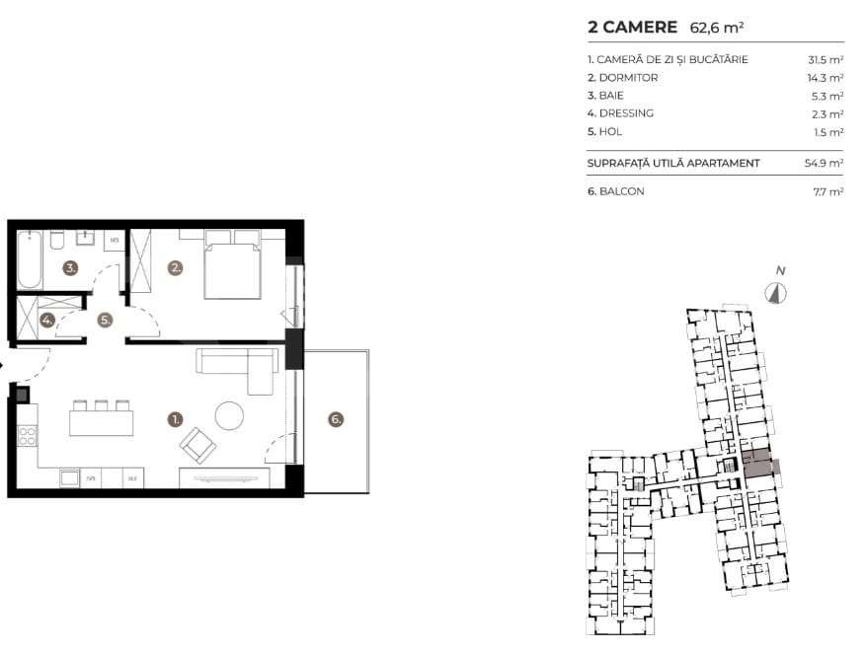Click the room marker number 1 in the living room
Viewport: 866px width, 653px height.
pyautogui.click(x=176, y=419)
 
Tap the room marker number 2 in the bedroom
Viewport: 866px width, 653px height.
pyautogui.click(x=176, y=267)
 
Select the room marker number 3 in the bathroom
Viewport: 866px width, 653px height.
pyautogui.click(x=70, y=267)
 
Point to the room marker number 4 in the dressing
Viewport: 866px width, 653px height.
pyautogui.click(x=47, y=320)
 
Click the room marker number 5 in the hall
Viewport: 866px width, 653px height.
pyautogui.click(x=105, y=320)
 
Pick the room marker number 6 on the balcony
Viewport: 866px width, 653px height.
pyautogui.click(x=336, y=419)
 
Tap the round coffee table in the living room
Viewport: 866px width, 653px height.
pyautogui.click(x=230, y=416)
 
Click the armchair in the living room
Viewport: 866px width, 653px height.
pyautogui.click(x=197, y=445)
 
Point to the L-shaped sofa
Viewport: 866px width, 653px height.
pyautogui.click(x=237, y=370)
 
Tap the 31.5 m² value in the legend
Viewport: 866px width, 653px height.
pyautogui.click(x=826, y=59)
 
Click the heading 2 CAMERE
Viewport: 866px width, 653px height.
pyautogui.click(x=632, y=27)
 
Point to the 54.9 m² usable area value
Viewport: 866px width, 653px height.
pyautogui.click(x=824, y=162)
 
